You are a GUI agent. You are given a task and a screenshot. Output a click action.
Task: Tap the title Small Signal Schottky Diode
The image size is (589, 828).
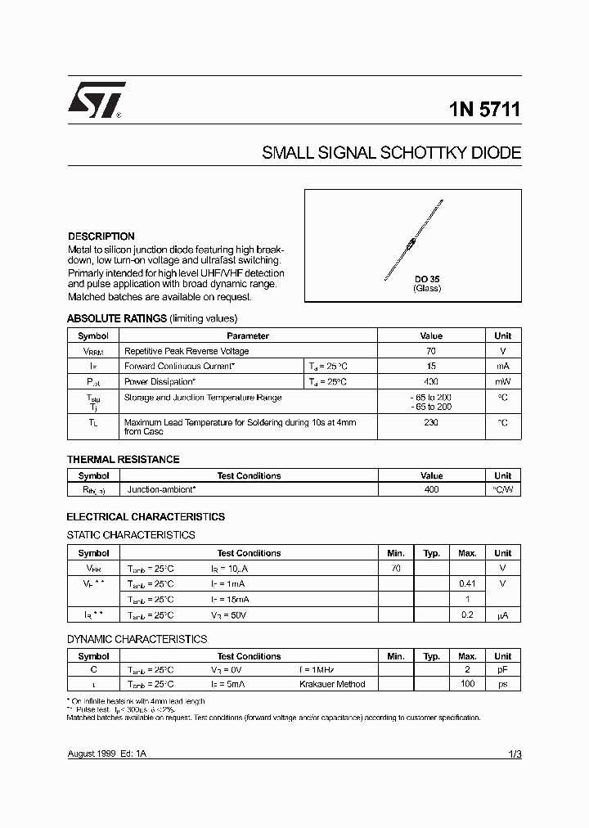pyautogui.click(x=391, y=153)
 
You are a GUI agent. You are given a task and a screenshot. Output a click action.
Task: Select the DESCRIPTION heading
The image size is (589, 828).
pyautogui.click(x=101, y=236)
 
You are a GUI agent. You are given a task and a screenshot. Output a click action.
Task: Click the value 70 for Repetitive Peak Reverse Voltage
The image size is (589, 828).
pyautogui.click(x=431, y=351)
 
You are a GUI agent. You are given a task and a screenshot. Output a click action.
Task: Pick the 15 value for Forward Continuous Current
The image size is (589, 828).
pyautogui.click(x=431, y=367)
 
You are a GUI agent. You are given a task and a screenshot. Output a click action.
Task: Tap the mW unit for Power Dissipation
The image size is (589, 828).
pyautogui.click(x=502, y=382)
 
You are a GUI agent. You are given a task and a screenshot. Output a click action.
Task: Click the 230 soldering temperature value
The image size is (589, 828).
pyautogui.click(x=431, y=423)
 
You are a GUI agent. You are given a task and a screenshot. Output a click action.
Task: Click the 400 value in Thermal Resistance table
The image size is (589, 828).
pyautogui.click(x=431, y=489)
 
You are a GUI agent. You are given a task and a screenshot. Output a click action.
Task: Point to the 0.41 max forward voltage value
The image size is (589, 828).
pyautogui.click(x=467, y=583)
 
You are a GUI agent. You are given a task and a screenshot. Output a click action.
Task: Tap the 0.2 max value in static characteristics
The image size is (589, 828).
pyautogui.click(x=467, y=614)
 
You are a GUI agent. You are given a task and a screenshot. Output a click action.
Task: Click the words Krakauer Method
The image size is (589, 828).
pyautogui.click(x=332, y=684)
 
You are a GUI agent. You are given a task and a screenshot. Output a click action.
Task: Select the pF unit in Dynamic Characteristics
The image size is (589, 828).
pyautogui.click(x=502, y=669)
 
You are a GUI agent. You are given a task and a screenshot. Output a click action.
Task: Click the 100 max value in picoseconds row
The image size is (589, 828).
pyautogui.click(x=467, y=684)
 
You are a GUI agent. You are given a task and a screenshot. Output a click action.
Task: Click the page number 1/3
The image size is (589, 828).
pyautogui.click(x=514, y=754)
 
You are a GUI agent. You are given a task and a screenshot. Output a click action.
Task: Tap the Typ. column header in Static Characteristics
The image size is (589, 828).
pyautogui.click(x=431, y=553)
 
